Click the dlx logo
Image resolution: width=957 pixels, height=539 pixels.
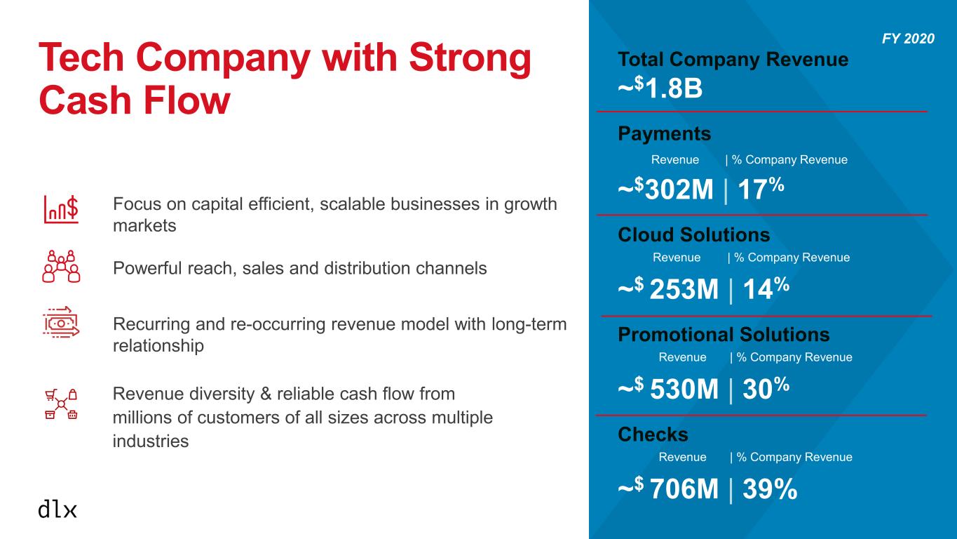57,509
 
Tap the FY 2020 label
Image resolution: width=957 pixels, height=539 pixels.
908,39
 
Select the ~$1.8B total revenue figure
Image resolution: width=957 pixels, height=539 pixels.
660,88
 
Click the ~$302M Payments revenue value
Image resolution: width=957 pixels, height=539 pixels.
665,189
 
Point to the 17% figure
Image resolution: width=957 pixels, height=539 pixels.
761,189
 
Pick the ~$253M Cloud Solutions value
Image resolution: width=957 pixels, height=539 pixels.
668,288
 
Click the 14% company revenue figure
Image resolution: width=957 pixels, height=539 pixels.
766,288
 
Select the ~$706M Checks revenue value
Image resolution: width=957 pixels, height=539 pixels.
668,488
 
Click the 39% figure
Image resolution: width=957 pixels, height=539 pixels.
770,488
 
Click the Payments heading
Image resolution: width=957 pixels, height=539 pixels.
665,134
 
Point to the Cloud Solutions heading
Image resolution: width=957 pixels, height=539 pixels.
694,235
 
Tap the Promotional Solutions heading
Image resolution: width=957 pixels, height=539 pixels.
724,335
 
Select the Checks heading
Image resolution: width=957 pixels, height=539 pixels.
653,434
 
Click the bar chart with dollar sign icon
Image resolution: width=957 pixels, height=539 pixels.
61,209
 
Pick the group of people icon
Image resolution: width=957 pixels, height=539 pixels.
61,266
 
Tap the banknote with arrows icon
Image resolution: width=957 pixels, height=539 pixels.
61,322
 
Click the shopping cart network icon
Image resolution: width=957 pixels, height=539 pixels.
61,404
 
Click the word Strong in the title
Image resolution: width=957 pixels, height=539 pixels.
470,58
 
